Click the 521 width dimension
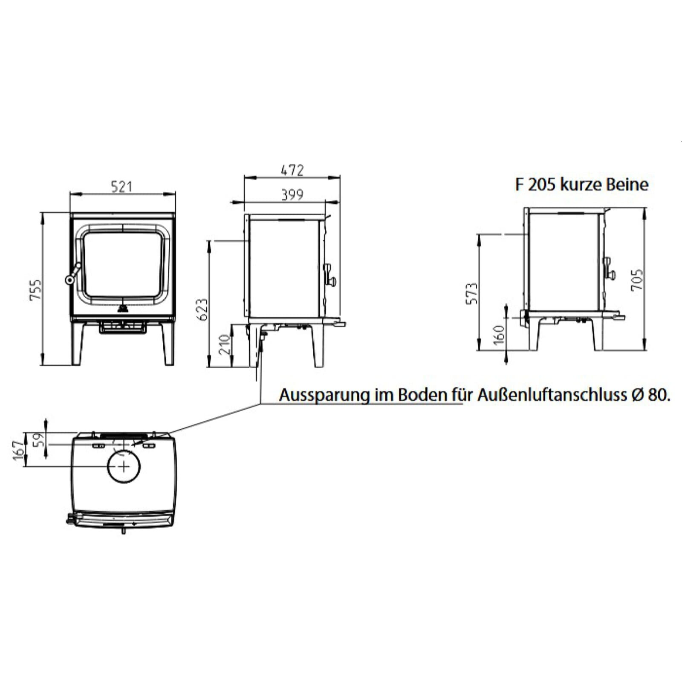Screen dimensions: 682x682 pos(121,186)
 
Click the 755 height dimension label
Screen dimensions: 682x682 pos(36,290)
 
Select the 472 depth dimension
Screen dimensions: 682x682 pos(292,170)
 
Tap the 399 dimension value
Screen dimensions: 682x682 pos(292,195)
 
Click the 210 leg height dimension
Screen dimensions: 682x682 pos(225,345)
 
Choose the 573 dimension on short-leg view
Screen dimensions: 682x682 pos(472,293)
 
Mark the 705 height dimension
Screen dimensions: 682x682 pos(636,280)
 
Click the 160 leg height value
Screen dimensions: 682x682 pos(500,333)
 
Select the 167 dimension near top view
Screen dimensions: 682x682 pos(18,451)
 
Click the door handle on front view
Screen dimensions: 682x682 pos(72,274)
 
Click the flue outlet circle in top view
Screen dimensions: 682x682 pos(124,466)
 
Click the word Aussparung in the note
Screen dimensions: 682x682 pos(324,395)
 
